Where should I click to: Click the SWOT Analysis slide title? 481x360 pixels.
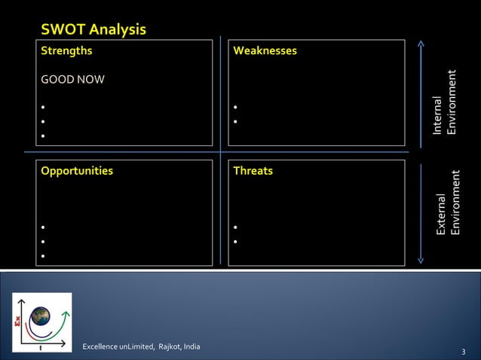[93, 29]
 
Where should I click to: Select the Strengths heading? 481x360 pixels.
[67, 50]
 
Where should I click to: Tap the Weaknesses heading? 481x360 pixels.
[265, 50]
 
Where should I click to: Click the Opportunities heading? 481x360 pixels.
[77, 171]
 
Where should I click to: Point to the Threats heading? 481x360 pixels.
[253, 171]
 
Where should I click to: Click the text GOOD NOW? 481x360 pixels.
[72, 80]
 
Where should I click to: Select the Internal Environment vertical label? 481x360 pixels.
[444, 102]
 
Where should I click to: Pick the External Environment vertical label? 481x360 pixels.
[448, 203]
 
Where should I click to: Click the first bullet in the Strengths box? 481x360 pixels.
[44, 107]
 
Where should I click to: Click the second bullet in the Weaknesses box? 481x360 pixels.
[236, 122]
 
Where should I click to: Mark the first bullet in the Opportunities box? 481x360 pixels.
[44, 227]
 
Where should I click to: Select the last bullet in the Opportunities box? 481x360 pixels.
[44, 257]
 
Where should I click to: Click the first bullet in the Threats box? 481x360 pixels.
[236, 227]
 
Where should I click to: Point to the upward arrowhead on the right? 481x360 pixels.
[421, 43]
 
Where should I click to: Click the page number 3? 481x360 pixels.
[463, 352]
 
